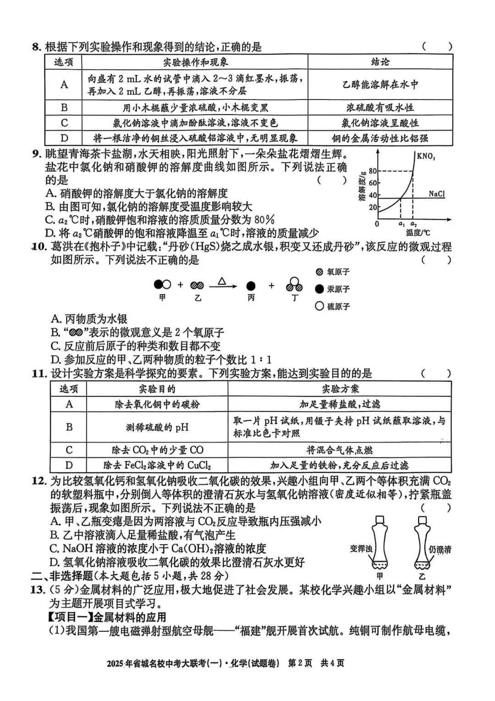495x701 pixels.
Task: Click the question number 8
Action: tap(36, 47)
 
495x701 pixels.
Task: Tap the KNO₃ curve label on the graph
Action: tap(426, 156)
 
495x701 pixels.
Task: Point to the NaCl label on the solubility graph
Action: tap(436, 194)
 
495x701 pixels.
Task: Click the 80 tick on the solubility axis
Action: tap(373, 171)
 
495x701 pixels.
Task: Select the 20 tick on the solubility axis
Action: tap(373, 207)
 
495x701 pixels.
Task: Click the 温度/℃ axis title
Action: tap(418, 234)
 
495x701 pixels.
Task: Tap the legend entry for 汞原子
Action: tap(333, 289)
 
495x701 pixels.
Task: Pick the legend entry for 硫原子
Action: tap(333, 306)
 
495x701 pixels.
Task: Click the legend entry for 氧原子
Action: tap(333, 272)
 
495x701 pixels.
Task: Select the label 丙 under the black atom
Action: tap(251, 298)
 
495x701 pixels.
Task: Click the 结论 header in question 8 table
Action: tap(380, 62)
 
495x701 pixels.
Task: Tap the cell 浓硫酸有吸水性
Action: tap(380, 107)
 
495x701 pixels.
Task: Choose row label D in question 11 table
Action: tap(69, 465)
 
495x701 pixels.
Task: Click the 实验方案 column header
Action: tap(340, 389)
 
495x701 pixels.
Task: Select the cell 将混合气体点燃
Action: tap(340, 450)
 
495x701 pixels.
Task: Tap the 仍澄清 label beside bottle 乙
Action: tap(440, 549)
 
